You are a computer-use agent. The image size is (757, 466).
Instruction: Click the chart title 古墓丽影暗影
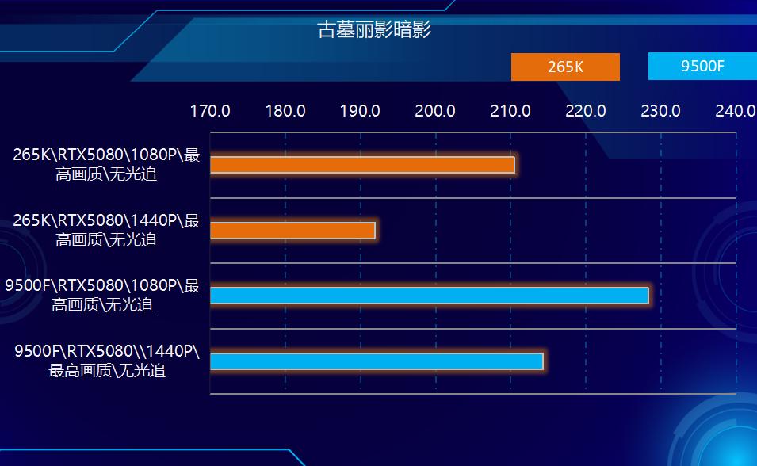click(373, 30)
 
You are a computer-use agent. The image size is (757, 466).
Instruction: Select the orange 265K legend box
click(565, 67)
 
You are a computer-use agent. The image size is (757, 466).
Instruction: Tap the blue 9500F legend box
click(702, 66)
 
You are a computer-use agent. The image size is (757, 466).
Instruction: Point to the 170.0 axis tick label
click(210, 111)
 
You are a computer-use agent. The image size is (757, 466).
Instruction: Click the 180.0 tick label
click(285, 111)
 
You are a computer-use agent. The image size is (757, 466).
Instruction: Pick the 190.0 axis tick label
click(360, 111)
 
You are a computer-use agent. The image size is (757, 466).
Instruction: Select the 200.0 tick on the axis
click(435, 111)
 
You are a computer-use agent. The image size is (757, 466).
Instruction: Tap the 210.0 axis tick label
click(510, 111)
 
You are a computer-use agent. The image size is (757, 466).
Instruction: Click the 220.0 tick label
click(586, 111)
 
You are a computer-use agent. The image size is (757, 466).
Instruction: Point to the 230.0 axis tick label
click(661, 111)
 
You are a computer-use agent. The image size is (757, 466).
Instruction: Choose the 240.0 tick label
click(735, 111)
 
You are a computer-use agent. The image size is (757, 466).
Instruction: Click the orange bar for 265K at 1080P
click(362, 165)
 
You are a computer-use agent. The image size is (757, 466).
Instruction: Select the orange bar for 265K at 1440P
click(292, 231)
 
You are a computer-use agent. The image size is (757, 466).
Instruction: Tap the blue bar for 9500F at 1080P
click(429, 296)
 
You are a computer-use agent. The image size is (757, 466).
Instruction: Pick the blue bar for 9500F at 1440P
click(377, 361)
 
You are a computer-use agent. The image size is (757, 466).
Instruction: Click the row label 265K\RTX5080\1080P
click(106, 164)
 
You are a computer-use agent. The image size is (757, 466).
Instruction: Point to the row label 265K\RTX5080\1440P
click(106, 230)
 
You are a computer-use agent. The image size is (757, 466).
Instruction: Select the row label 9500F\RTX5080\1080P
click(102, 295)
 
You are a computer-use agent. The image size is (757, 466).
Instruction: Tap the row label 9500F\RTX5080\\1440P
click(107, 360)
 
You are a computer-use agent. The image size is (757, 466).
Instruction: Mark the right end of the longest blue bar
click(648, 296)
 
